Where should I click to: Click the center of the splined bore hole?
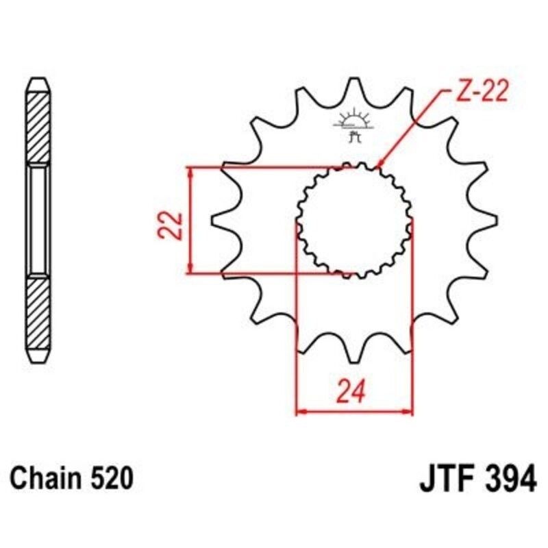coord(354,219)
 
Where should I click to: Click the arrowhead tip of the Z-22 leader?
coord(379,166)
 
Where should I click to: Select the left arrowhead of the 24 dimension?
coord(299,412)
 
